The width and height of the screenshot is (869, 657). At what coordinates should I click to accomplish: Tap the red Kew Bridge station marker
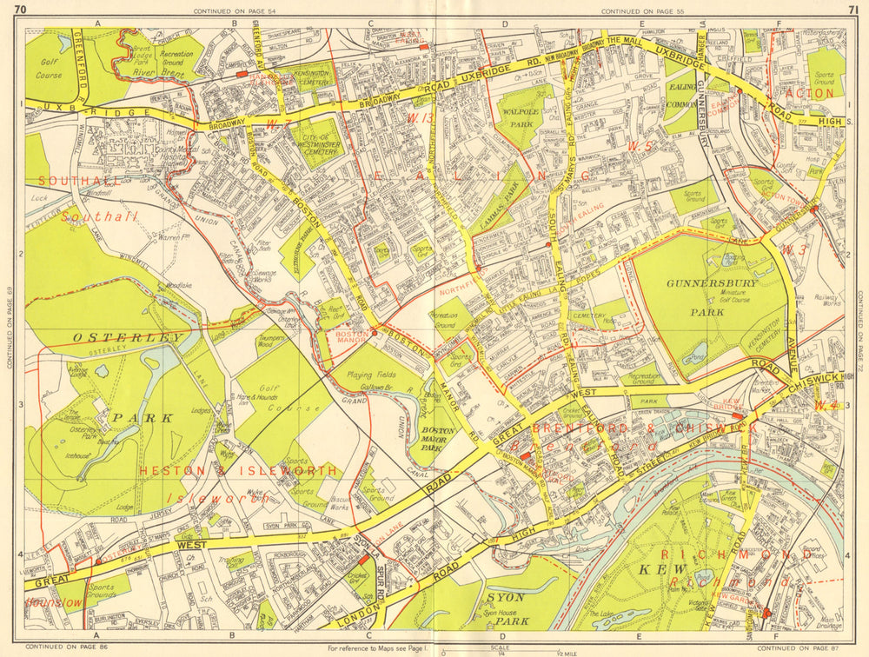[737, 416]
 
